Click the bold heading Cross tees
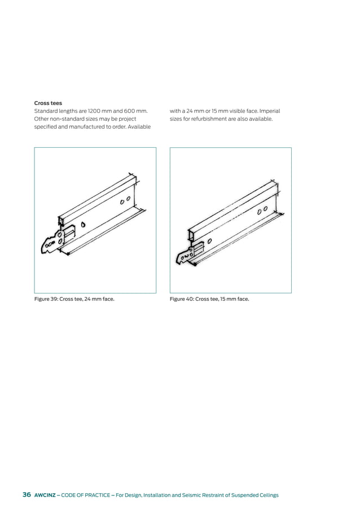click(x=48, y=103)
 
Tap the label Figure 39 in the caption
click(x=46, y=299)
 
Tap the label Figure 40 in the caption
click(x=182, y=299)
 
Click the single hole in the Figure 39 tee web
click(x=84, y=225)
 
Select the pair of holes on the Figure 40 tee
click(x=262, y=210)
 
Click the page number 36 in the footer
click(x=27, y=495)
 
